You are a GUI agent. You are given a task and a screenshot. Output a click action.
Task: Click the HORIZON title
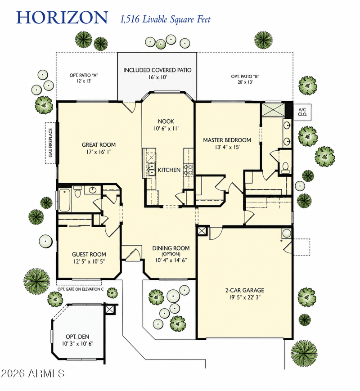click(x=62, y=18)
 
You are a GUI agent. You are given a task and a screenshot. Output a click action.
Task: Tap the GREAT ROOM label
click(x=99, y=144)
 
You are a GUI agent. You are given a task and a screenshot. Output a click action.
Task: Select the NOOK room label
click(x=166, y=121)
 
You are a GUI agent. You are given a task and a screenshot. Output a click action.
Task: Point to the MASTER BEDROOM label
click(x=227, y=140)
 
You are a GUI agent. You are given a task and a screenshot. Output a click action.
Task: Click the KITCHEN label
click(x=169, y=170)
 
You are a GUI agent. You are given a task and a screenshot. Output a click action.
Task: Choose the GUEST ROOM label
click(x=89, y=254)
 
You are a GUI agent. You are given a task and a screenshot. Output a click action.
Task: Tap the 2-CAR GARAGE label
click(x=244, y=290)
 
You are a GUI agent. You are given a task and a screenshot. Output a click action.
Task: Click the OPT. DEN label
click(x=77, y=337)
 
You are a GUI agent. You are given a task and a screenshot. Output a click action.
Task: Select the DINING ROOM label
click(x=171, y=248)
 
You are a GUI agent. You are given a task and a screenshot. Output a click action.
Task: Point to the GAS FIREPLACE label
click(x=51, y=143)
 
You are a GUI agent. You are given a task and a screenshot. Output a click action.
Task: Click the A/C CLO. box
click(x=302, y=112)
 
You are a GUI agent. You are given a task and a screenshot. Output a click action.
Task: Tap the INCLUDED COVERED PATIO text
click(x=157, y=70)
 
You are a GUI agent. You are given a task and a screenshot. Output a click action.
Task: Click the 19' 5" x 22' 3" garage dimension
click(x=244, y=297)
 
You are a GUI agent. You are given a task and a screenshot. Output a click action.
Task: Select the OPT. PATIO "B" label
click(x=245, y=76)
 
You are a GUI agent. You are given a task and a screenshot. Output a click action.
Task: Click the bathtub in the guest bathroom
click(x=65, y=200)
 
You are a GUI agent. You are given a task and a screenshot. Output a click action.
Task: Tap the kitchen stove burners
click(x=189, y=170)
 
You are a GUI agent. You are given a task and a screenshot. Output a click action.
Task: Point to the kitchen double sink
click(x=152, y=169)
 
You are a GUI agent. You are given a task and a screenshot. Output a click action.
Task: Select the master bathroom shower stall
click(x=273, y=110)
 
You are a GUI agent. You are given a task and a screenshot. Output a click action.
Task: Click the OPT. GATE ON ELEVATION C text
click(x=81, y=289)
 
